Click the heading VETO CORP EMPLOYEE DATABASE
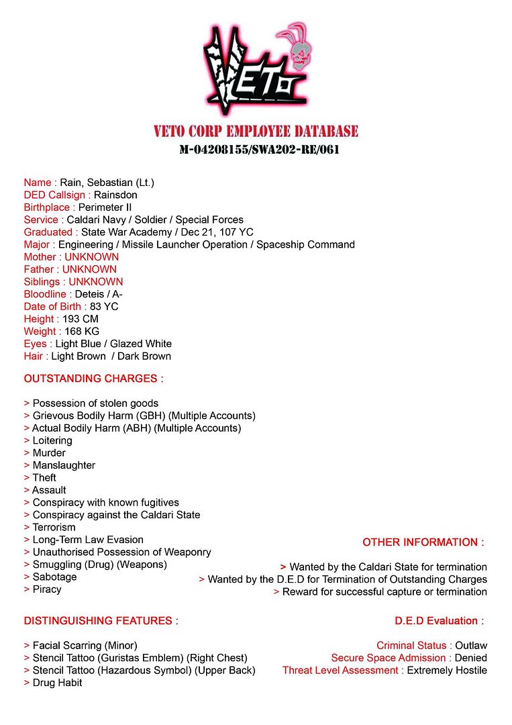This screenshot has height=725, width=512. pos(256,131)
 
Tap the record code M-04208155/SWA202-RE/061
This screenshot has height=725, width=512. pos(259,149)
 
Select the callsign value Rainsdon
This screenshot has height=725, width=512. pos(115,195)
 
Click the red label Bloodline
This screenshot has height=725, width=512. pos(45,294)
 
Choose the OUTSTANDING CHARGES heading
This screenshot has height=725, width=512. pos(94,379)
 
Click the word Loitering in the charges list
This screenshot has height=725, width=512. pos(52,440)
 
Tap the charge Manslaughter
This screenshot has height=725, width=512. pos(64,465)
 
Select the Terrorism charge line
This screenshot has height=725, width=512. pos(54,527)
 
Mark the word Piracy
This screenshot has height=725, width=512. pos(47,589)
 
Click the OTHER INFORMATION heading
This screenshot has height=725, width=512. pos(423,542)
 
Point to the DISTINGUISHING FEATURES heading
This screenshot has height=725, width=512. pos(101,621)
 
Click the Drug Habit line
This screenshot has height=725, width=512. pos(57,683)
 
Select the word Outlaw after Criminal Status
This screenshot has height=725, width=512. pos(471,646)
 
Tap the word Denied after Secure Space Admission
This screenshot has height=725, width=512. pos(470,658)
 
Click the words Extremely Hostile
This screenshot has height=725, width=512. pos(447,670)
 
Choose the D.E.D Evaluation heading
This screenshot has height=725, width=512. pos(439,621)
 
